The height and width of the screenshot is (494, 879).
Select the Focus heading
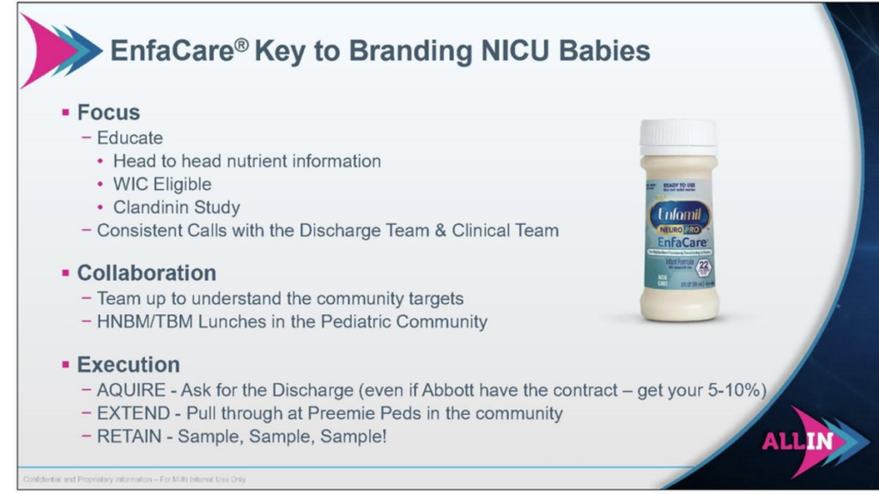click(108, 113)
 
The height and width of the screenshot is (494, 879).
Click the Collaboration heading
click(146, 273)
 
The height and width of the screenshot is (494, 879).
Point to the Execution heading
click(128, 364)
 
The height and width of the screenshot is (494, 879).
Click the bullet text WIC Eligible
click(162, 184)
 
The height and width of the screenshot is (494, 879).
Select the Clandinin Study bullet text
click(177, 207)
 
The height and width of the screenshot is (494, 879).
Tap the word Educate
click(130, 137)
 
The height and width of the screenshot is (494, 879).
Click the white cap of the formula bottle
click(677, 137)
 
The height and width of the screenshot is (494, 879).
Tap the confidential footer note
click(134, 479)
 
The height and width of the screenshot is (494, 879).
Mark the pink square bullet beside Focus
click(65, 113)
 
